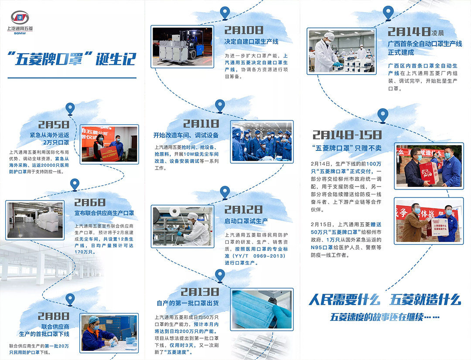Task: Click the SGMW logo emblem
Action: click(x=20, y=18)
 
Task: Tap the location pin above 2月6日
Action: click(x=75, y=184)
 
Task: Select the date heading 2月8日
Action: click(x=54, y=316)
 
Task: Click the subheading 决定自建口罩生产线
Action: click(x=252, y=42)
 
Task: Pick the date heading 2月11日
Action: click(x=201, y=124)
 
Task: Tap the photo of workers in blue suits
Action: click(x=262, y=142)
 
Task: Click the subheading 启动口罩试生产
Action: click(x=246, y=221)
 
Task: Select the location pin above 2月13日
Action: click(x=220, y=275)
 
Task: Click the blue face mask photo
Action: click(x=262, y=309)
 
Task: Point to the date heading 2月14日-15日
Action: click(x=347, y=135)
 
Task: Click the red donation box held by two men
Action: click(x=428, y=173)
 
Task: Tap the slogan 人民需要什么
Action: click(x=344, y=299)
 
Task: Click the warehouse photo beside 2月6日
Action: click(x=35, y=220)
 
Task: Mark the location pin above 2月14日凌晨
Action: click(x=388, y=14)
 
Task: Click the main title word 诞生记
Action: click(x=116, y=59)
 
